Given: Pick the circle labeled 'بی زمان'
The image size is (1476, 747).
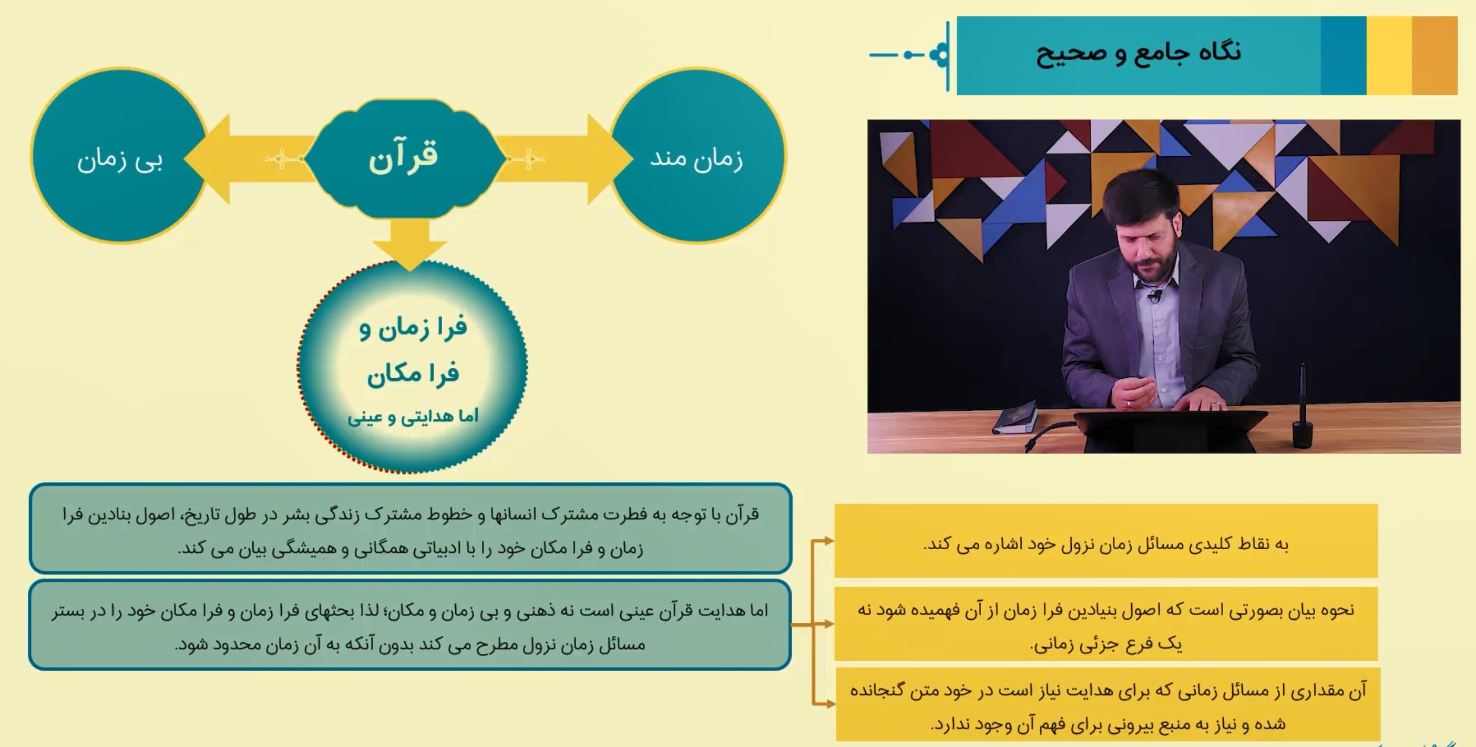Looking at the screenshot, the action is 120,155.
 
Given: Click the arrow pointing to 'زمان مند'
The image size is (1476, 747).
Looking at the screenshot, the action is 565,159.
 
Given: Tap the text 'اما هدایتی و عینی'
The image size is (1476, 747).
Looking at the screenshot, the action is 413,416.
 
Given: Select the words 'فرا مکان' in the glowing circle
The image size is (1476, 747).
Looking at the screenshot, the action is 413,374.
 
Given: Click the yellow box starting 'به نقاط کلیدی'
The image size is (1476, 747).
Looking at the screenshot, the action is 1106,541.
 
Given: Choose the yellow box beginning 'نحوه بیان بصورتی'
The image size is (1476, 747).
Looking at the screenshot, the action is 1106,624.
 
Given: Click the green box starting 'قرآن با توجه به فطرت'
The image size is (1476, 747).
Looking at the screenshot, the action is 410,529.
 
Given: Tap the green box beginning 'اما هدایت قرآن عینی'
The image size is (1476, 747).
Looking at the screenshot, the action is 410,625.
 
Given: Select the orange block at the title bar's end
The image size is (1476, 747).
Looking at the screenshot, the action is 1434,55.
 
